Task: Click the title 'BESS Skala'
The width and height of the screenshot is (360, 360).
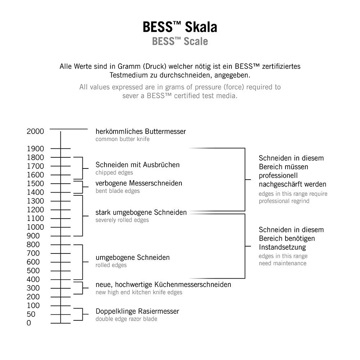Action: click(x=180, y=27)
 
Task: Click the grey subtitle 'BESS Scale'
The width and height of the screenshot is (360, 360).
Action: click(x=180, y=41)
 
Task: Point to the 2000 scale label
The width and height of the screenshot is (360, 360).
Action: click(x=35, y=131)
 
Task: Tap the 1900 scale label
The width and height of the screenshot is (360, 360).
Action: click(x=35, y=149)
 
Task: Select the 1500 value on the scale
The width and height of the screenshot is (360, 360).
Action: click(x=35, y=184)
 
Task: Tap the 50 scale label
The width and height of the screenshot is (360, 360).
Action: click(x=31, y=314)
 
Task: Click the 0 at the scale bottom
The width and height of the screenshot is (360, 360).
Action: click(x=29, y=323)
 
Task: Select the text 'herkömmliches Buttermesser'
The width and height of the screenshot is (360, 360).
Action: click(x=141, y=131)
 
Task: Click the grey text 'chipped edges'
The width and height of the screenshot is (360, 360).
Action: click(x=114, y=173)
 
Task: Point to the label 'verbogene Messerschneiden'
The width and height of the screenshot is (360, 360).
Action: click(x=139, y=183)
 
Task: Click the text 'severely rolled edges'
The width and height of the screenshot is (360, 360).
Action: click(x=122, y=220)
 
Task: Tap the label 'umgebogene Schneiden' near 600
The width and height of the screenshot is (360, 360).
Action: click(x=132, y=258)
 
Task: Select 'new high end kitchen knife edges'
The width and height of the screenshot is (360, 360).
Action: click(x=139, y=292)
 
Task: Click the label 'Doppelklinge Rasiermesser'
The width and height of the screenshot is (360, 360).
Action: click(x=137, y=311)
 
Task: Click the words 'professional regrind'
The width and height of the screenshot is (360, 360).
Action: click(x=284, y=201)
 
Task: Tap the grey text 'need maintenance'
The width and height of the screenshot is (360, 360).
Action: click(x=283, y=263)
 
